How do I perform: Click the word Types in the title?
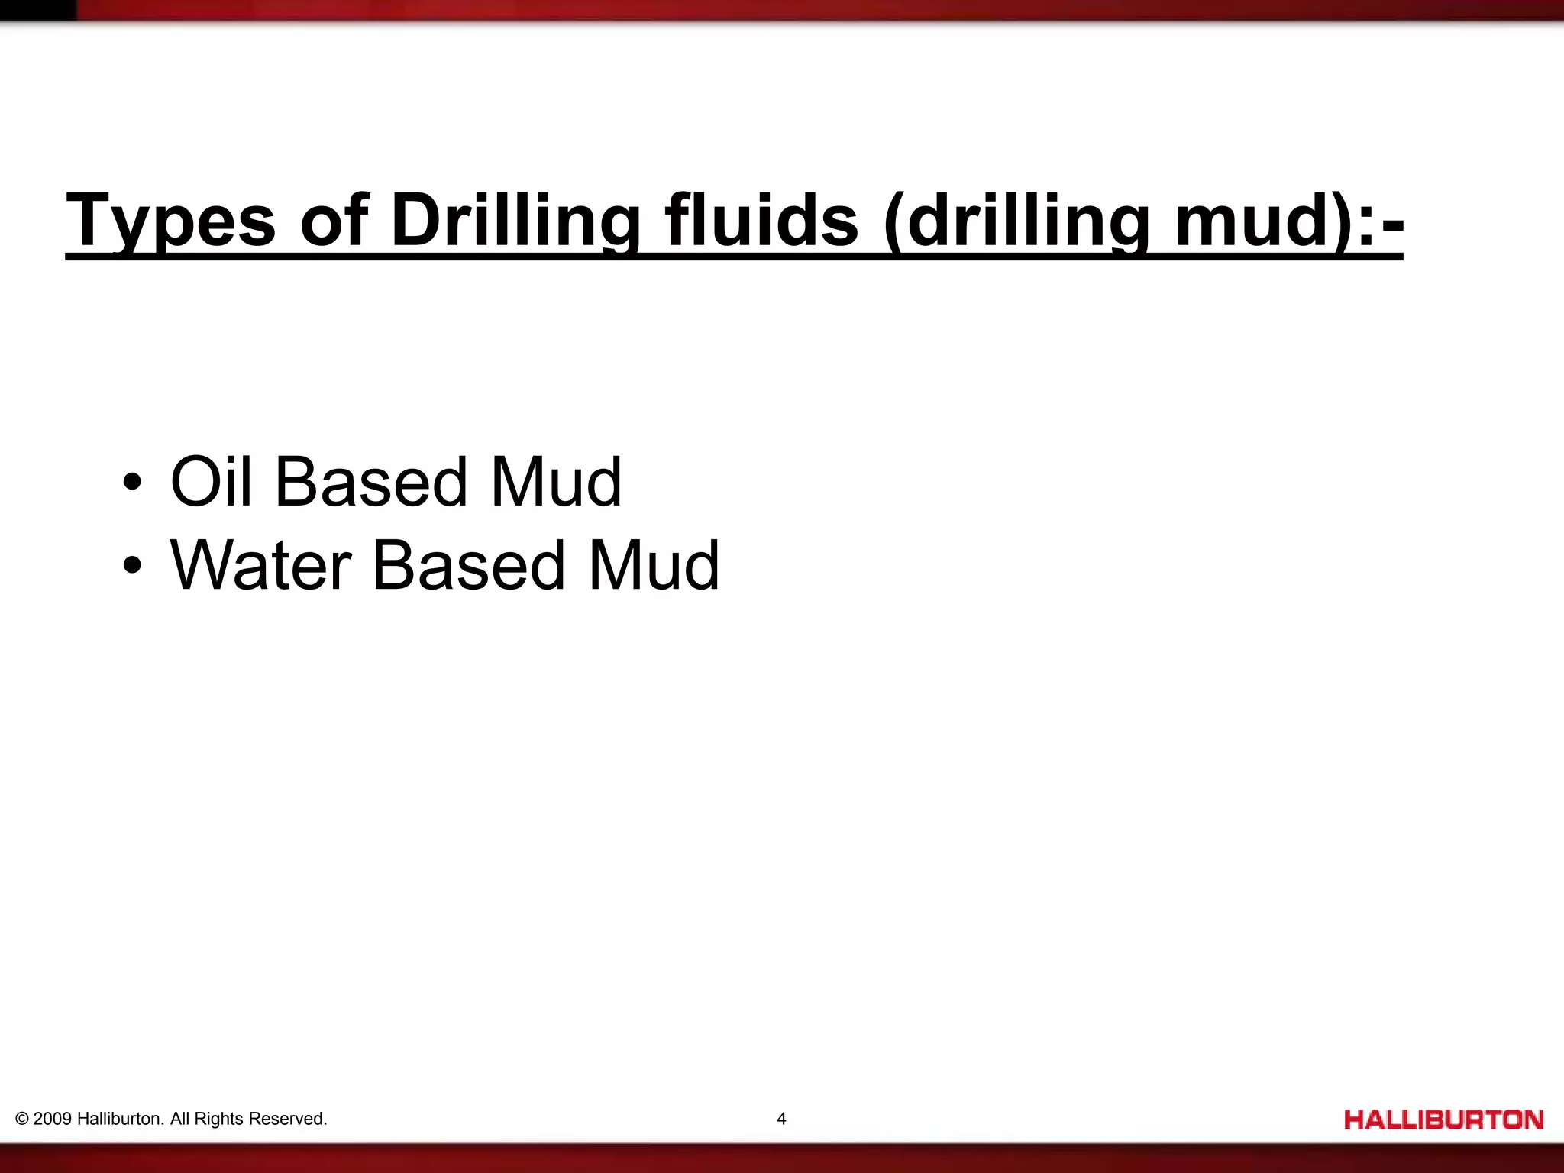tap(170, 221)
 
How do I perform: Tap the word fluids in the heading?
tap(761, 221)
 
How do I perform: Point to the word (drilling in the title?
tap(1016, 221)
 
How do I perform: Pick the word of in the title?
tap(334, 221)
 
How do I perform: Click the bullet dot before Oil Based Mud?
tap(132, 483)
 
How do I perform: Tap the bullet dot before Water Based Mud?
tap(132, 566)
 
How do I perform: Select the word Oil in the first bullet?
tap(211, 482)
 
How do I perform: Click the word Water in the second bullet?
tap(260, 566)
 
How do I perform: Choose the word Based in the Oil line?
tap(371, 482)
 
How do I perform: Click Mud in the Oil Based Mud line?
tap(556, 482)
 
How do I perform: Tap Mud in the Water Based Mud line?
tap(654, 566)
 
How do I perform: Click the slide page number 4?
tap(781, 1119)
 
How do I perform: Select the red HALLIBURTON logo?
tap(1443, 1120)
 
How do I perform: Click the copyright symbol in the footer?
tap(22, 1120)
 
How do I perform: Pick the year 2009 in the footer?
tap(53, 1119)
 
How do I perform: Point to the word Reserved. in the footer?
tap(288, 1119)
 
